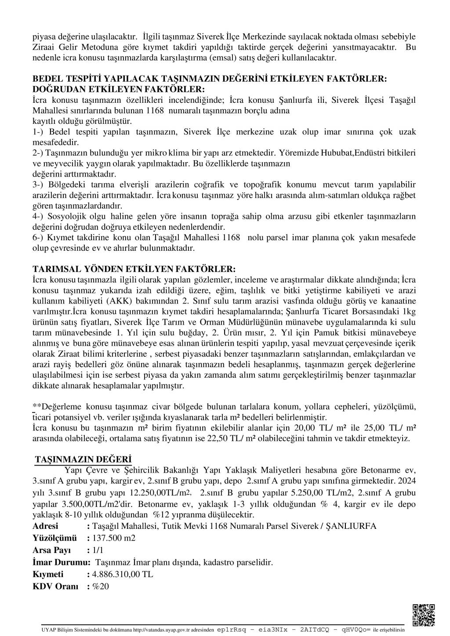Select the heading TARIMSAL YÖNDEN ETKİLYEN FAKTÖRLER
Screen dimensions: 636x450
pos(134,268)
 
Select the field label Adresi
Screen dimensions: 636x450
pos(45,526)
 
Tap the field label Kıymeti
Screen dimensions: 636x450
pos(48,574)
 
